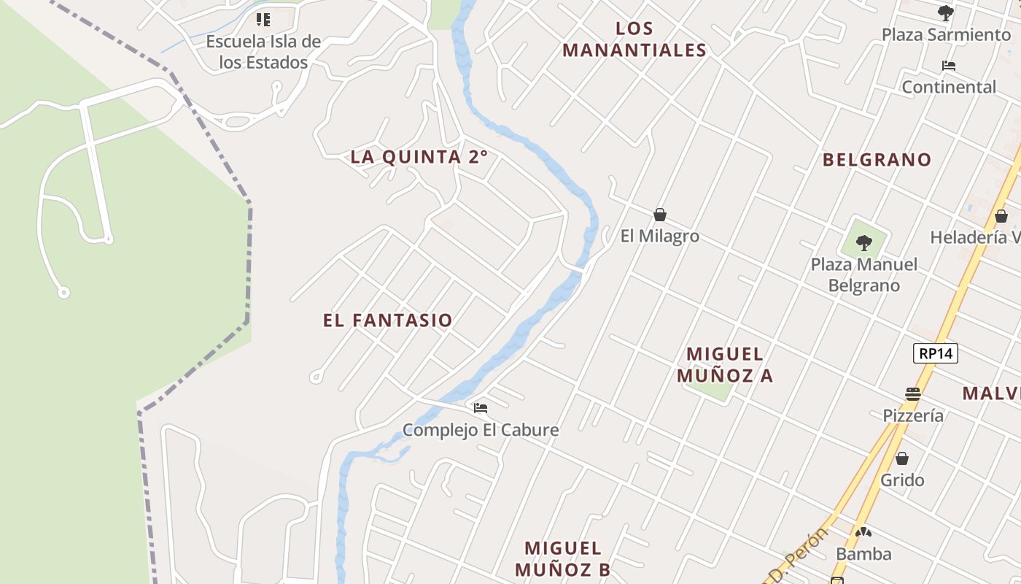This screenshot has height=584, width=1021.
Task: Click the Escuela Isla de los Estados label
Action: (x=263, y=52)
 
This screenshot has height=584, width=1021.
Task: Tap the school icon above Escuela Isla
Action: (x=263, y=20)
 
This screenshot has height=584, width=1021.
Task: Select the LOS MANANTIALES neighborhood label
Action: (x=634, y=39)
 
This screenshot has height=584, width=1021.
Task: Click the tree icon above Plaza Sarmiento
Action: (x=946, y=13)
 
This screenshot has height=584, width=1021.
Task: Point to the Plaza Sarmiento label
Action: (x=946, y=34)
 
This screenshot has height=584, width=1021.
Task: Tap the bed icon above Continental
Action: (x=949, y=66)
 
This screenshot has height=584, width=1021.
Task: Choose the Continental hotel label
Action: (x=949, y=87)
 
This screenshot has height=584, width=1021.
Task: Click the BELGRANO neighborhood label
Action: (x=877, y=160)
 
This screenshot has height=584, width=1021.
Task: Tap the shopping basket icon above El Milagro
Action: (x=660, y=215)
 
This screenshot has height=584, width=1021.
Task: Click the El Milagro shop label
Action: (x=660, y=236)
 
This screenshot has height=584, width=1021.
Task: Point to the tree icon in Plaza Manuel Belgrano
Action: (x=864, y=242)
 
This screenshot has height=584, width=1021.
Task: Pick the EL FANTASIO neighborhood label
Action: (x=388, y=320)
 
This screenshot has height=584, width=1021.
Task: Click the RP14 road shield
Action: (x=936, y=354)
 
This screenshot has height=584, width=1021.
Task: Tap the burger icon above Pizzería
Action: (x=913, y=394)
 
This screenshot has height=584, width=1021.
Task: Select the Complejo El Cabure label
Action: (x=481, y=430)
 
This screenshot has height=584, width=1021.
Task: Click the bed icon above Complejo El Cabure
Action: (x=481, y=408)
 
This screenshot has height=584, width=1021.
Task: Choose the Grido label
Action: (x=902, y=480)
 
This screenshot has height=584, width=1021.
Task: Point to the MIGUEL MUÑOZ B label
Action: (x=563, y=558)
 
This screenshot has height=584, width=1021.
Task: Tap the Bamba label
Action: (x=863, y=554)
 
